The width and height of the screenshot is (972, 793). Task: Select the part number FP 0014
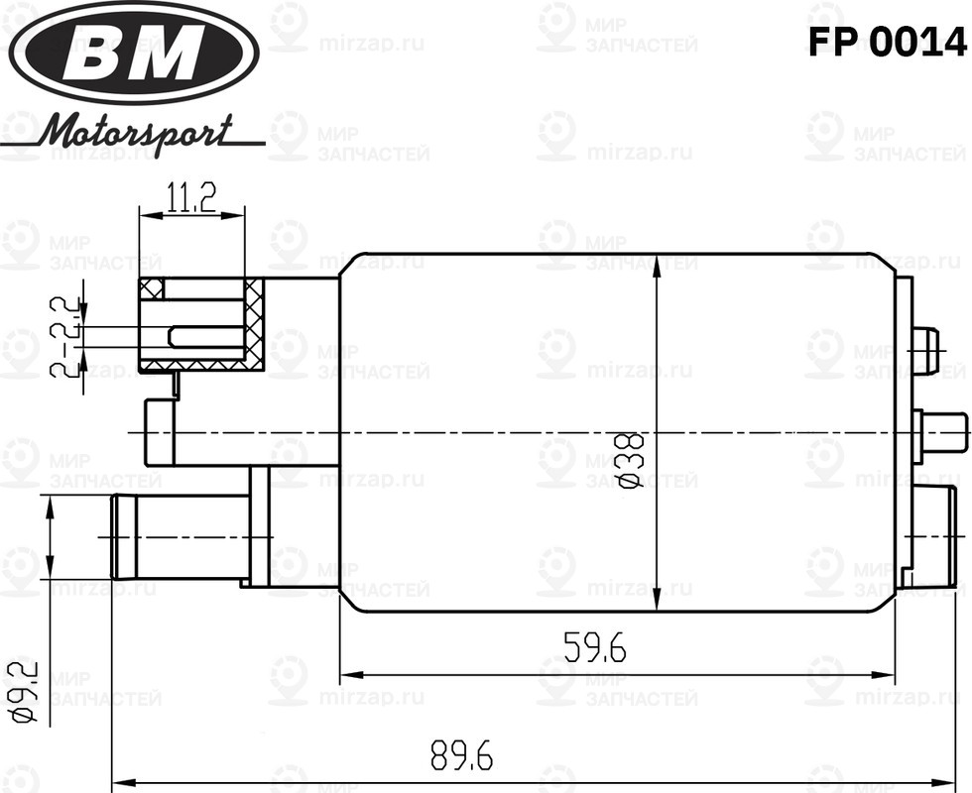point(886,42)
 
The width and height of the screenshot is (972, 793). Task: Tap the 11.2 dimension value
point(190,198)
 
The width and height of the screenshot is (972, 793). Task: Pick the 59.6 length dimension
point(595,648)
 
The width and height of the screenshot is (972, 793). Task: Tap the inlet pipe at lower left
point(179,536)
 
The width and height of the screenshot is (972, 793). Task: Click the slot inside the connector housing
point(206,337)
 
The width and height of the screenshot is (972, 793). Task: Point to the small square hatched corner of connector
point(151,288)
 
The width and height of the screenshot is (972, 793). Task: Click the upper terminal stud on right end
point(924,351)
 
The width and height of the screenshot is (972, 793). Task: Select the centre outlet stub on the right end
point(942,434)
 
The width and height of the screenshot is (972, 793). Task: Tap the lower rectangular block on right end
point(935,535)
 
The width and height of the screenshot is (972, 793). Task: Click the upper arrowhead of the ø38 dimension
point(658,263)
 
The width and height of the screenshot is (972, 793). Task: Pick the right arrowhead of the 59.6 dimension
point(889,677)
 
